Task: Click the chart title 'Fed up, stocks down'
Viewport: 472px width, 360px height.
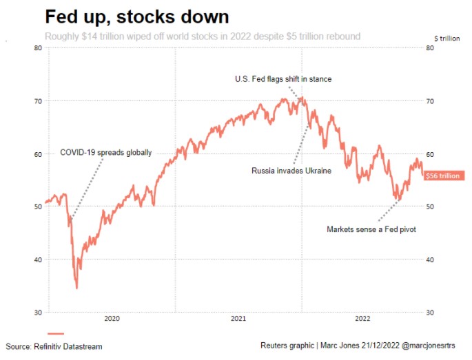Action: pyautogui.click(x=137, y=16)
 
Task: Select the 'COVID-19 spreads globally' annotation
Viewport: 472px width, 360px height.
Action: pyautogui.click(x=105, y=153)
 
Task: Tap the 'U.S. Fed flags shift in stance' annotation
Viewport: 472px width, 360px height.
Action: pyautogui.click(x=283, y=79)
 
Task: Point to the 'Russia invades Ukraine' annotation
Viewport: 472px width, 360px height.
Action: pyautogui.click(x=291, y=171)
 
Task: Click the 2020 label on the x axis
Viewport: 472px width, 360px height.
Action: pyautogui.click(x=112, y=318)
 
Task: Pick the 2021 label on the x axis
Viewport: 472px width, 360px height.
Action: pyautogui.click(x=238, y=318)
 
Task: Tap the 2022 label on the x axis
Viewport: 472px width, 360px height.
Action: pyautogui.click(x=363, y=318)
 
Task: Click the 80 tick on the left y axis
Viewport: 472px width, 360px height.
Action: pyautogui.click(x=37, y=47)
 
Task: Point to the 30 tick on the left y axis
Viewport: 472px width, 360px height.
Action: pyautogui.click(x=37, y=313)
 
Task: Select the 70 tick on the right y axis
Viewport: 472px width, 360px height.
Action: pyautogui.click(x=431, y=101)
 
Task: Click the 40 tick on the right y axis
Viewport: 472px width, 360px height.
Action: pyautogui.click(x=431, y=260)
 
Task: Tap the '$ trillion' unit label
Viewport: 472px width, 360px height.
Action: pyautogui.click(x=447, y=38)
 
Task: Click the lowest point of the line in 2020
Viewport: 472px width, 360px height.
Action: pyautogui.click(x=76, y=288)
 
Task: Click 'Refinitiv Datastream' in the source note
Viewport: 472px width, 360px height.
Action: pyautogui.click(x=70, y=346)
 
